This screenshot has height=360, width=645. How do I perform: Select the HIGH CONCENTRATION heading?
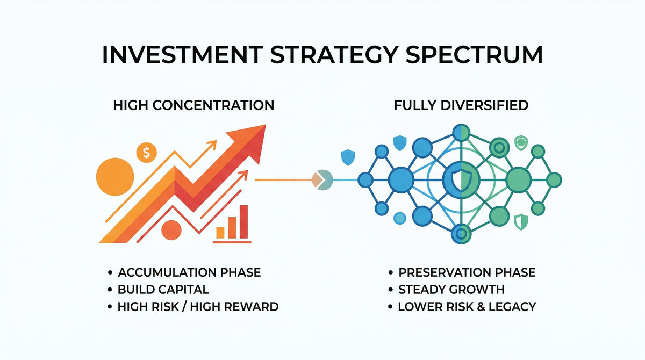(x=193, y=105)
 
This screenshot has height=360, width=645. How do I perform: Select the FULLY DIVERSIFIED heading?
(x=461, y=105)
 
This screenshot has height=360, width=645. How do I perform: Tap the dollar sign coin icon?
(x=146, y=153)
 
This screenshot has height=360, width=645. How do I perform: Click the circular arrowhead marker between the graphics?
(x=321, y=179)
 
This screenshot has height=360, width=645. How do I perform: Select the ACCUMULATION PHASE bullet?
(x=189, y=272)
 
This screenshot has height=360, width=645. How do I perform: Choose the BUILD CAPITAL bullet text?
(x=163, y=290)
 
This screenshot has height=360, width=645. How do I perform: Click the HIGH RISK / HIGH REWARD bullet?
(x=198, y=307)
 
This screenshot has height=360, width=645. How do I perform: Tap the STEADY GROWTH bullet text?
(x=451, y=290)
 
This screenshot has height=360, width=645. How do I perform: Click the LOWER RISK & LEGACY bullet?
(x=467, y=307)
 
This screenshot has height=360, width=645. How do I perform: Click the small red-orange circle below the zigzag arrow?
(x=171, y=230)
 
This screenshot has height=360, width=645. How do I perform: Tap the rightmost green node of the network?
(x=553, y=179)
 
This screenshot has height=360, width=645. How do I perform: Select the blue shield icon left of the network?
(x=348, y=157)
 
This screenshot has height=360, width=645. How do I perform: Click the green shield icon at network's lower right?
(x=520, y=220)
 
